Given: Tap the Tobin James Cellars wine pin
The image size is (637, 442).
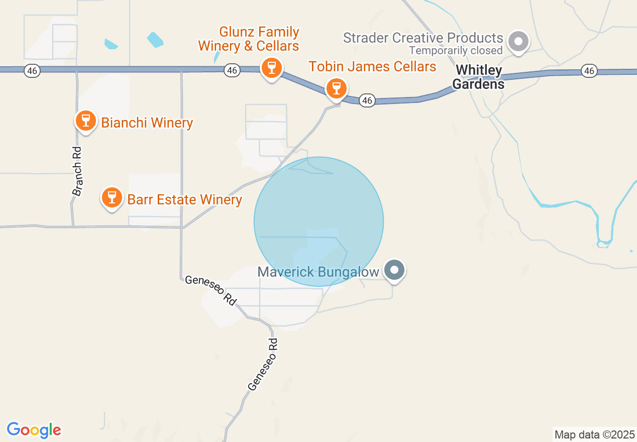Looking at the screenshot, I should point(336,89).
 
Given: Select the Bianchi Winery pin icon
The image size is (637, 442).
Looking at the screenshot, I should point(86,121).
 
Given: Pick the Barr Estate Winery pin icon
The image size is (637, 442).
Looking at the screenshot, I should point(112,197).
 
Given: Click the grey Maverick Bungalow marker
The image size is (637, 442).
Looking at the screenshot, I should point(394,270).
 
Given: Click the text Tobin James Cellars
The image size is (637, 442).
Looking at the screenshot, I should point(372,66).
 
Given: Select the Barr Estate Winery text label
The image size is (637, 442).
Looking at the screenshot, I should point(184,199).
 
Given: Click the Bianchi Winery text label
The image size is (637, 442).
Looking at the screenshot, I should point(147,123).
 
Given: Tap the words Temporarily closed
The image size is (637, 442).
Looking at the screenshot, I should point(456,51).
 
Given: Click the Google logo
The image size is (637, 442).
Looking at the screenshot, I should point(34,430).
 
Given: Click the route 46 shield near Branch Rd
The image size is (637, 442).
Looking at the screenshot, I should point(32,71).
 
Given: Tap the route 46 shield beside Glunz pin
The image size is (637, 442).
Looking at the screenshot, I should point(232,71).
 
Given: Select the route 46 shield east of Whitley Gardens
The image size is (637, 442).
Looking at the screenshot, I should point(589,71).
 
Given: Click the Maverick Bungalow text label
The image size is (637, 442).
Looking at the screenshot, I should point(318,272).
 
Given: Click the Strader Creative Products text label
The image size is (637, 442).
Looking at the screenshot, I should point(423,38).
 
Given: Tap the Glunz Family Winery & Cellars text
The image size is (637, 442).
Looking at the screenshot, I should point(249,39).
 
